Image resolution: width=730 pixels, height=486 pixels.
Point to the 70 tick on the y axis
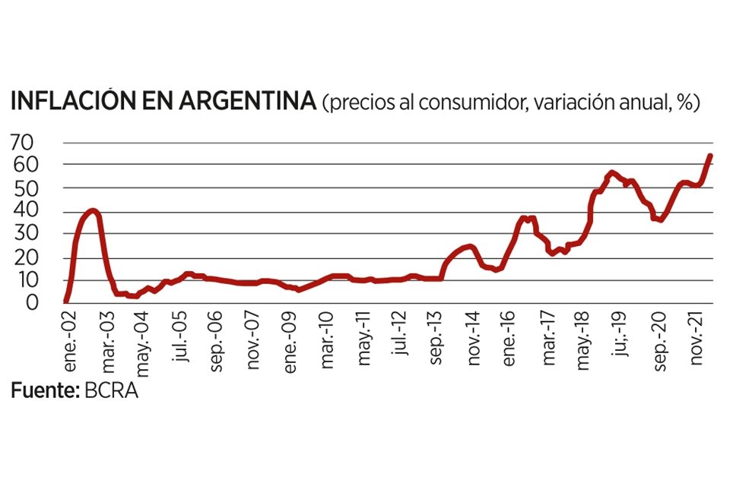pos(24,142)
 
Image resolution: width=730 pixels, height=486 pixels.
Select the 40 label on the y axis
pos(24,211)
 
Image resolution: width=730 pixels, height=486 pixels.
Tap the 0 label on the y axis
pos(30,303)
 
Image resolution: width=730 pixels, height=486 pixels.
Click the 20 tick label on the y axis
pos(24,257)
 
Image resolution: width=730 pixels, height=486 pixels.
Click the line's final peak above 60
pos(709,156)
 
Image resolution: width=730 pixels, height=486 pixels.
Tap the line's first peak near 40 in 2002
pos(92,210)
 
